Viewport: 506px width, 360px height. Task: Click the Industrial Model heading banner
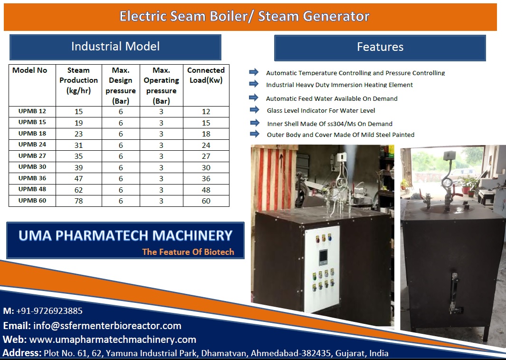click(115, 47)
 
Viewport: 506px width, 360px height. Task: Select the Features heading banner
click(380, 48)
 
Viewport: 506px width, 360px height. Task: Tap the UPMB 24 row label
click(32, 144)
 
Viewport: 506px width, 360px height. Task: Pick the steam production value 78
click(79, 201)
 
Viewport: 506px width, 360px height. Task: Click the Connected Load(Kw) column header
click(206, 75)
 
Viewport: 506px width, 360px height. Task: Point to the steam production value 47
click(79, 178)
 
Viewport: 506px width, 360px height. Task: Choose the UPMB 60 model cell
click(32, 201)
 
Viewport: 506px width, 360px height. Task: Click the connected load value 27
click(206, 156)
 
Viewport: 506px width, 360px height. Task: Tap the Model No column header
click(29, 70)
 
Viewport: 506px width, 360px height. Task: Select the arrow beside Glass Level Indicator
click(254, 110)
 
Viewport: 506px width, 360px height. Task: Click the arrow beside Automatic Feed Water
click(254, 97)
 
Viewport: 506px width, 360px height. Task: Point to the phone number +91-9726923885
click(49, 311)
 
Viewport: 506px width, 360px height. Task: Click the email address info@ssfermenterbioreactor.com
click(107, 325)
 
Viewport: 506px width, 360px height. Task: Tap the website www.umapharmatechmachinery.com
click(113, 340)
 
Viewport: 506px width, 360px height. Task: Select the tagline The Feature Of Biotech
click(188, 252)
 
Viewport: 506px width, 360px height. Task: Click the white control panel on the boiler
click(322, 269)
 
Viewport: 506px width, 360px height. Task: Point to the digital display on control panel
click(323, 257)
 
